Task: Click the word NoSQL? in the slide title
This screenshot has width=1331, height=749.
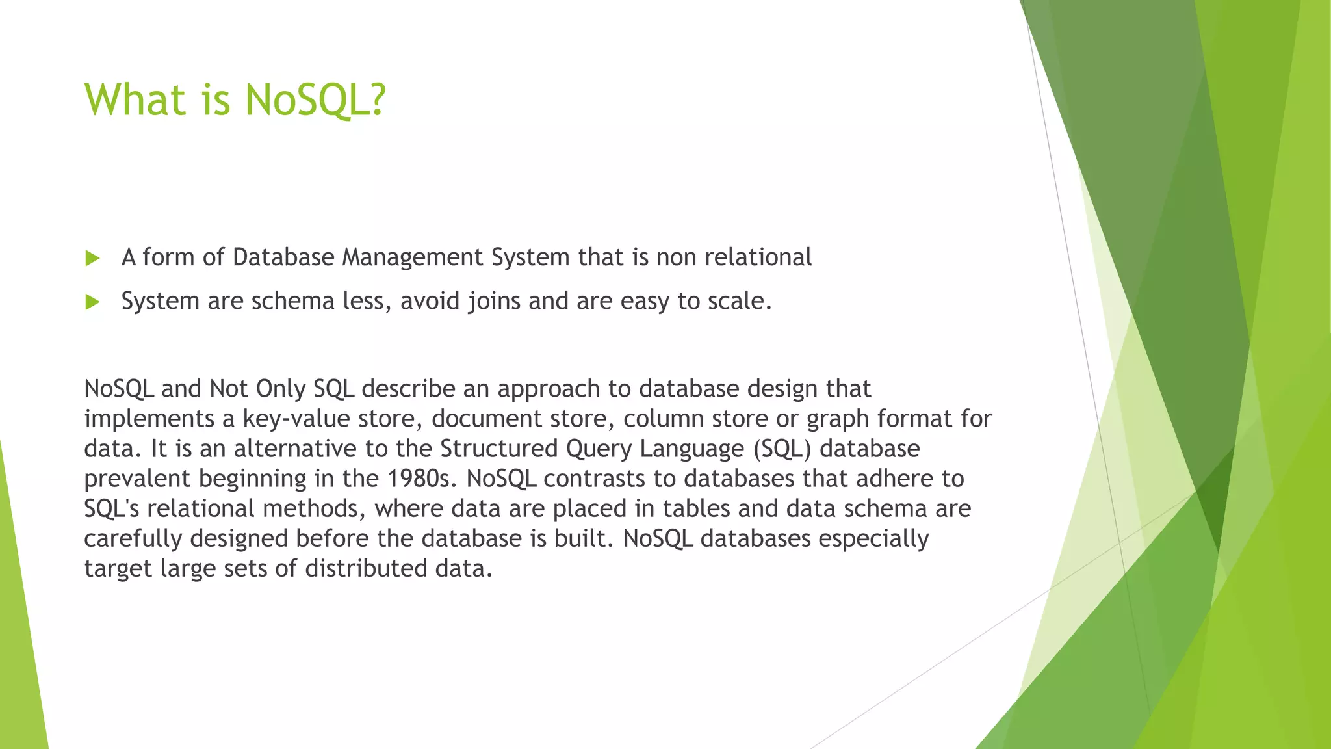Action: click(x=316, y=100)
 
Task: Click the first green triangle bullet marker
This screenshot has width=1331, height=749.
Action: click(x=92, y=259)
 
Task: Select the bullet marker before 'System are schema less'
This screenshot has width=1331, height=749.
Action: click(x=92, y=302)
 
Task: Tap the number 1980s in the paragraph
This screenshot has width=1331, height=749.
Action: click(x=423, y=479)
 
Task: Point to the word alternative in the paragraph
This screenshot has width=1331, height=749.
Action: click(x=296, y=449)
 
